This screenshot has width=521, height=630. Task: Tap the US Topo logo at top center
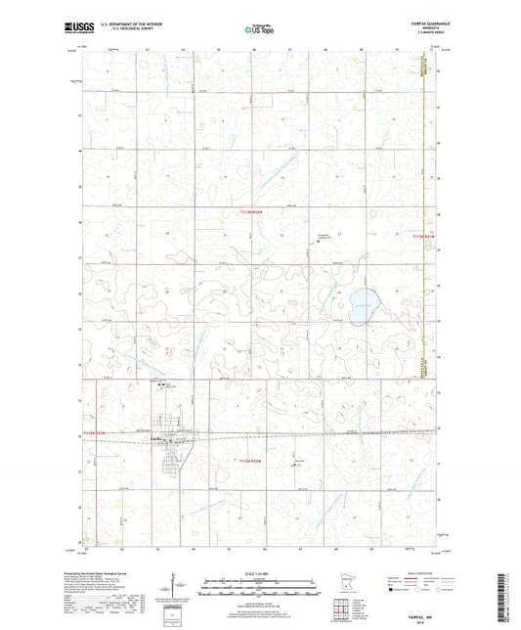click(259, 30)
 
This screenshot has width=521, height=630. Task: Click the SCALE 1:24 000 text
click(259, 574)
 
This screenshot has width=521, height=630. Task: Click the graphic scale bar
click(259, 590)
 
